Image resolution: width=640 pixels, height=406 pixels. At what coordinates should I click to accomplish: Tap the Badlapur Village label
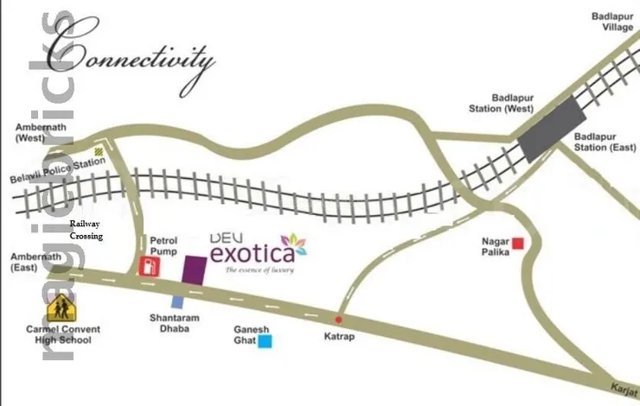(612, 22)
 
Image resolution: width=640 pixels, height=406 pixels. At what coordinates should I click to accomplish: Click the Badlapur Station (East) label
(605, 142)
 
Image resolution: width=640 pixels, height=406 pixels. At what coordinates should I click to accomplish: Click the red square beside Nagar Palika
(518, 244)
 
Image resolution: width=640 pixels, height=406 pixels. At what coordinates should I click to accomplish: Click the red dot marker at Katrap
(338, 318)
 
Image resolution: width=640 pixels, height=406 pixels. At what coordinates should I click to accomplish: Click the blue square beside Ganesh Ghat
(266, 342)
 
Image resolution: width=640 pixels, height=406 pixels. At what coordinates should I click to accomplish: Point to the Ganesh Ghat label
(252, 335)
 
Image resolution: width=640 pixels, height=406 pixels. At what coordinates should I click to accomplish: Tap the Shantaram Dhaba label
(174, 323)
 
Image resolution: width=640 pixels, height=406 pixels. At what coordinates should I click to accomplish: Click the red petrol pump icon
(149, 265)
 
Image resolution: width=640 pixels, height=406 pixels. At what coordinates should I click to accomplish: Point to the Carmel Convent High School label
(62, 334)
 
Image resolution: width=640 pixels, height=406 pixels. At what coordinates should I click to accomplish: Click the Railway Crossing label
(86, 230)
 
